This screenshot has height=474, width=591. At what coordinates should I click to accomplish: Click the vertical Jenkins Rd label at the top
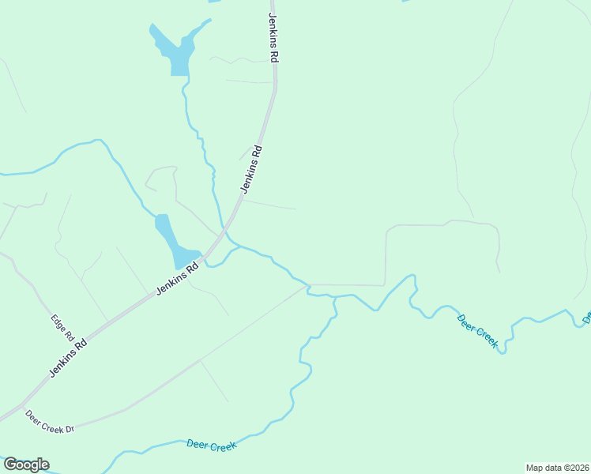(274, 38)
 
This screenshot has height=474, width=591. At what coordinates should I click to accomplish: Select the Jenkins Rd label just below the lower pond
(175, 279)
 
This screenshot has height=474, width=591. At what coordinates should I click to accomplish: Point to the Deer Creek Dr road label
(49, 421)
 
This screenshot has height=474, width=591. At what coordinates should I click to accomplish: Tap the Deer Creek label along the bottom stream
(212, 446)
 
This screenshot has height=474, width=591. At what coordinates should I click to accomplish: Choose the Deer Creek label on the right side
(477, 330)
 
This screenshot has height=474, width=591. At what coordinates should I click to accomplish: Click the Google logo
(26, 465)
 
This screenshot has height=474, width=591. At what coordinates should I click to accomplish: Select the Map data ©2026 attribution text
(557, 467)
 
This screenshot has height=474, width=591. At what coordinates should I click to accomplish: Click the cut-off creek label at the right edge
(587, 318)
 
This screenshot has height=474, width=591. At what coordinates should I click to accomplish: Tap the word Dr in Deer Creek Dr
(69, 429)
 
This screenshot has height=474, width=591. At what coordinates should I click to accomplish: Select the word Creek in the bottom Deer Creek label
(224, 447)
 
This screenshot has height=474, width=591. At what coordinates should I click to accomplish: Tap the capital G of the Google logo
(10, 464)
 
